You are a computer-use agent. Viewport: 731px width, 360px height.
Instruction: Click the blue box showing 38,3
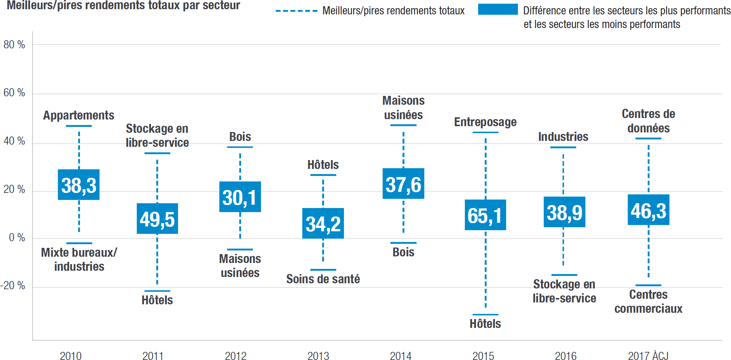pos(79,185)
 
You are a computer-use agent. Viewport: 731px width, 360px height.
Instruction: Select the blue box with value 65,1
pos(485,215)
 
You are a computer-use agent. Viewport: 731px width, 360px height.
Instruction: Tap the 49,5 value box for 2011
pos(157,219)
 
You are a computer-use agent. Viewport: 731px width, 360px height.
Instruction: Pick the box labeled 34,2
pos(323,224)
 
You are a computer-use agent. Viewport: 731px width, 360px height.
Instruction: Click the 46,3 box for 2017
pos(648,210)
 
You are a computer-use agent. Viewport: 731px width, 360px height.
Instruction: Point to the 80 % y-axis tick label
pos(14,45)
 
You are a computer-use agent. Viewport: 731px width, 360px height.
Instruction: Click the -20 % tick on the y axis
pos(13,285)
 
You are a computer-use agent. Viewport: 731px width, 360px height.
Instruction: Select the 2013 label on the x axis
pos(318,356)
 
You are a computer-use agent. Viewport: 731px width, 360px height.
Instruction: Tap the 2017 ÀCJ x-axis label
pos(648,356)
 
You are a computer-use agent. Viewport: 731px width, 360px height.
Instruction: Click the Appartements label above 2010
pos(79,115)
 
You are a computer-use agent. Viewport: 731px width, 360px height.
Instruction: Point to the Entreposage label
pos(485,122)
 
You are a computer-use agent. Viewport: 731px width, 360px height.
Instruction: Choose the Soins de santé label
pos(323,279)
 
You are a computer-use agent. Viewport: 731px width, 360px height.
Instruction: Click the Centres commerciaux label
pos(648,301)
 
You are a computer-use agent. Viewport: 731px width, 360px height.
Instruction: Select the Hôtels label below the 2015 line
pos(485,323)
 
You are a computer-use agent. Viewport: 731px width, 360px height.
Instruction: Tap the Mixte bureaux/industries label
pos(79,259)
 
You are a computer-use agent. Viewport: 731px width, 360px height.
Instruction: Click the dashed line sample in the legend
pos(296,11)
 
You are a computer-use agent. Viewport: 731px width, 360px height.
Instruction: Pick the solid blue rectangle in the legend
pos(498,10)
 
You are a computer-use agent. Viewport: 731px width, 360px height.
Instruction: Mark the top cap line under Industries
pos(563,147)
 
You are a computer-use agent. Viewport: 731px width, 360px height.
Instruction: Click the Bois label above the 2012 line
pos(240,137)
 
